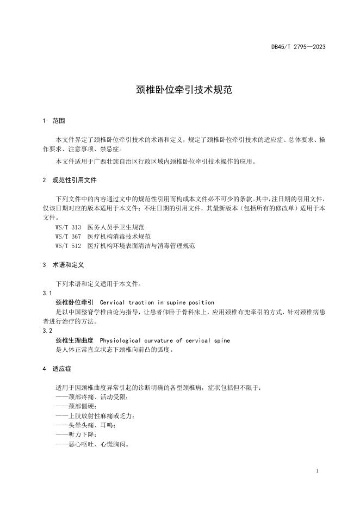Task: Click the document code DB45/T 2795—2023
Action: (298, 47)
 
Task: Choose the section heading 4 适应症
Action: (57, 368)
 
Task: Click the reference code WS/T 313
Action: (68, 227)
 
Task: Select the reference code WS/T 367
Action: (68, 236)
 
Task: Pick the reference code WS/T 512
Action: (68, 246)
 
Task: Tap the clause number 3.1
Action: (47, 293)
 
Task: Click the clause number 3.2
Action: (47, 331)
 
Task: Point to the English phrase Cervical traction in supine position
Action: (157, 302)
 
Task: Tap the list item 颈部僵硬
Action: (76, 406)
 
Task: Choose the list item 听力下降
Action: (76, 434)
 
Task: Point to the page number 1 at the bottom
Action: (317, 471)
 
